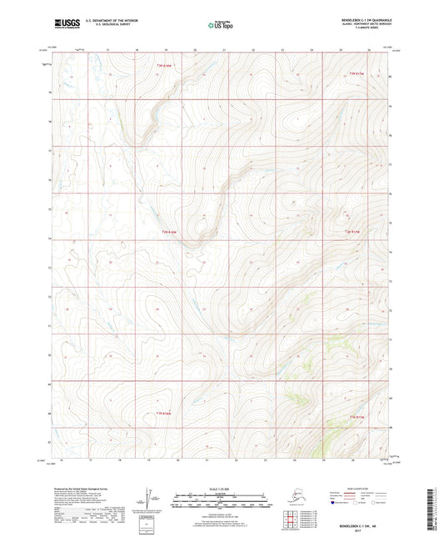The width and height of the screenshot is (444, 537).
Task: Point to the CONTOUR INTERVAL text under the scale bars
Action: (x=222, y=509)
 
